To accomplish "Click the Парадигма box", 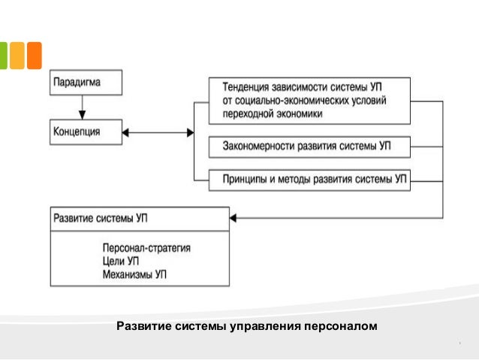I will [86, 82].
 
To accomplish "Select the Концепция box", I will [86, 132].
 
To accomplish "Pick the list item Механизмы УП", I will [134, 274].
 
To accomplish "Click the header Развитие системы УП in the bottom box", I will [101, 219].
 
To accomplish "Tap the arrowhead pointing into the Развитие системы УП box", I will [234, 219].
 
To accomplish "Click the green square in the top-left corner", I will [3, 55].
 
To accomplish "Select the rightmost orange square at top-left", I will [33, 55].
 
